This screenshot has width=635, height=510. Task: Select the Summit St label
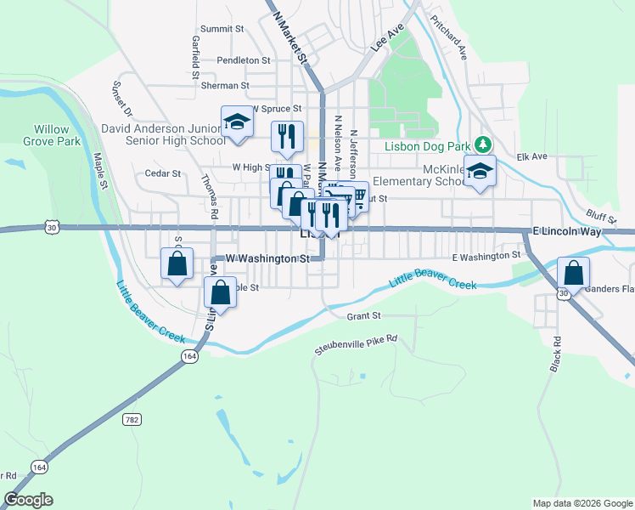pyautogui.click(x=222, y=29)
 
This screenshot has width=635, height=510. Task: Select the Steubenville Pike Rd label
pyautogui.click(x=356, y=343)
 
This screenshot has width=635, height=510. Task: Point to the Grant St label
pyautogui.click(x=363, y=316)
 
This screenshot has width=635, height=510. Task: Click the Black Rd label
pyautogui.click(x=557, y=353)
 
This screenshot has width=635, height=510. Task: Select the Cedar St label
pyautogui.click(x=163, y=173)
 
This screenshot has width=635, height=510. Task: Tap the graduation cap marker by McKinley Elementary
pyautogui.click(x=480, y=172)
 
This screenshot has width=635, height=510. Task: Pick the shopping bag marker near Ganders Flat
pyautogui.click(x=574, y=274)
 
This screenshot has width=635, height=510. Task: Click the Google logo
pyautogui.click(x=28, y=500)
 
